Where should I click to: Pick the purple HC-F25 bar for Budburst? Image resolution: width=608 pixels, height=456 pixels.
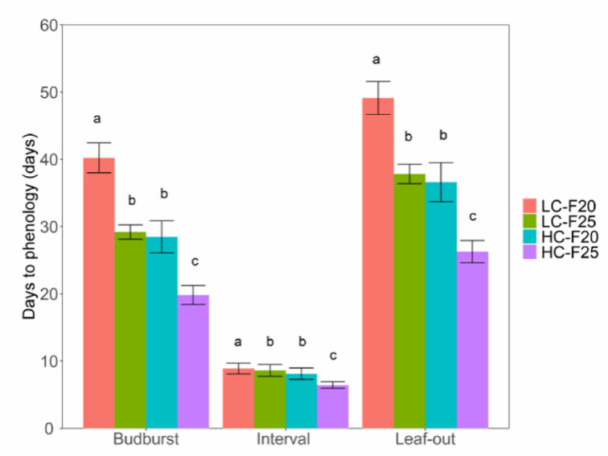click(193, 361)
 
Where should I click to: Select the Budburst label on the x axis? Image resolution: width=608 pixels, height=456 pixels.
click(146, 441)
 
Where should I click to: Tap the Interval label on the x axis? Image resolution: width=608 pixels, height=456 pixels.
click(286, 441)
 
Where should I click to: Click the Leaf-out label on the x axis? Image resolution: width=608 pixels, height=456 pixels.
click(425, 441)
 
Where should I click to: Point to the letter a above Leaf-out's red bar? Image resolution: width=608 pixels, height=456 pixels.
click(376, 60)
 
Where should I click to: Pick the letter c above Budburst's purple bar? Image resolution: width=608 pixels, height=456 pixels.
click(193, 261)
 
